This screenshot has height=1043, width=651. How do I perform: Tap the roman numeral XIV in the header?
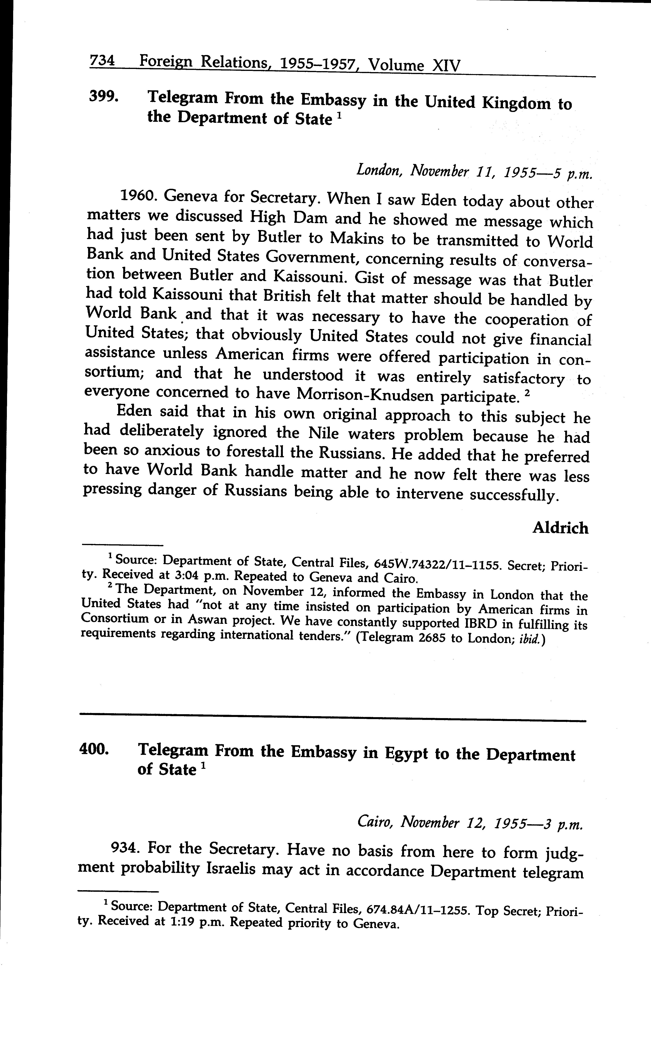tap(446, 65)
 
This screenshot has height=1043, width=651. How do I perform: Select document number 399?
tap(103, 97)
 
